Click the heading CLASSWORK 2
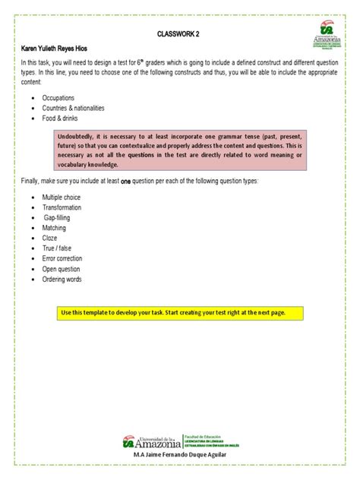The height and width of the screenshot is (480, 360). coord(179,34)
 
